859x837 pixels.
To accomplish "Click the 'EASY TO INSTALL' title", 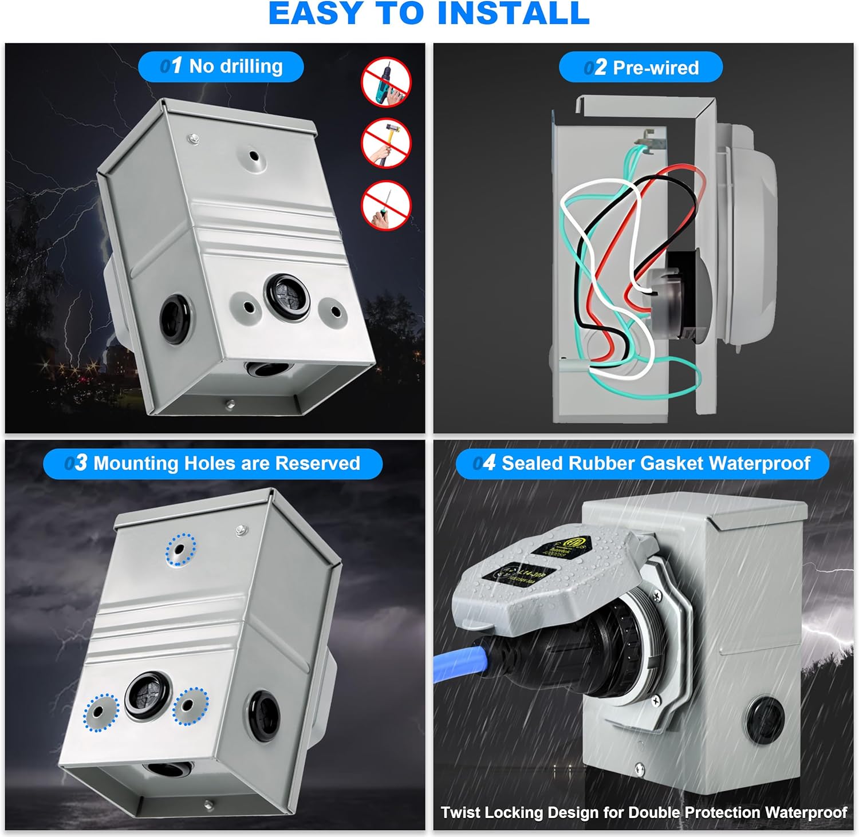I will pos(429,14).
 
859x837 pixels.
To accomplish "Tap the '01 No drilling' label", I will pos(220,66).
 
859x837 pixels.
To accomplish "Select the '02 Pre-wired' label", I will pos(641,68).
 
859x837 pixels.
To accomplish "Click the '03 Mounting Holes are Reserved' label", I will pos(212,463).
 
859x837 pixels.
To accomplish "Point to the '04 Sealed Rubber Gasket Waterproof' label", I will pos(642,463).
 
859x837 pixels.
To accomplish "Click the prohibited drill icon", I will pos(387,81).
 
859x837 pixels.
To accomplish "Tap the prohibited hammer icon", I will pos(387,144).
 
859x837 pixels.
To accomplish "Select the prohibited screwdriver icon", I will pos(387,205).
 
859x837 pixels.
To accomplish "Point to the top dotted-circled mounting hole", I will pos(180,549).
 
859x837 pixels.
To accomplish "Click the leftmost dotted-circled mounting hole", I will pos(101,713).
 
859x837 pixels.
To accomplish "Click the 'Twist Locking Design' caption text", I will pos(643,812).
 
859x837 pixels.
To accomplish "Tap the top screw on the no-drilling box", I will pos(193,137).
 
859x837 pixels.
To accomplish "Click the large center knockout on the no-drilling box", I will pos(287,297).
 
